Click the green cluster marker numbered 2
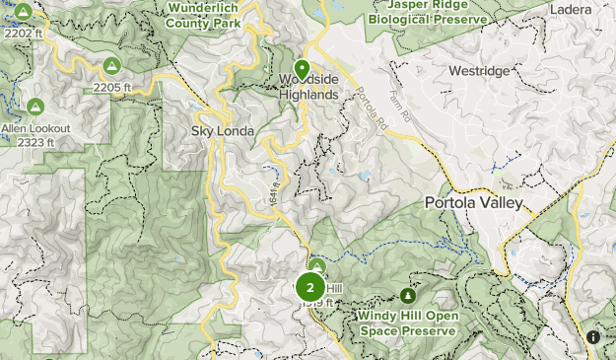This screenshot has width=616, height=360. pyautogui.click(x=309, y=287)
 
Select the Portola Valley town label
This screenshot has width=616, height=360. pyautogui.click(x=473, y=203)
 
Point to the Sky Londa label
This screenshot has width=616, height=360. pyautogui.click(x=224, y=131)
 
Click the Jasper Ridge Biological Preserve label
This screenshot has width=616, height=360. pyautogui.click(x=426, y=12)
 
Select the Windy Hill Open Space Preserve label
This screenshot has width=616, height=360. pyautogui.click(x=407, y=324)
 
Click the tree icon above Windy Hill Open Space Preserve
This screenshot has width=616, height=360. pyautogui.click(x=407, y=295)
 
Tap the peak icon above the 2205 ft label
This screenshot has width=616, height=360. pyautogui.click(x=111, y=66)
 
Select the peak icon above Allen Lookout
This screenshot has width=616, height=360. pyautogui.click(x=35, y=106)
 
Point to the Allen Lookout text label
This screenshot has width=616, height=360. pyautogui.click(x=35, y=128)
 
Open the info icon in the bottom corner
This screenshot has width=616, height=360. pyautogui.click(x=593, y=337)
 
